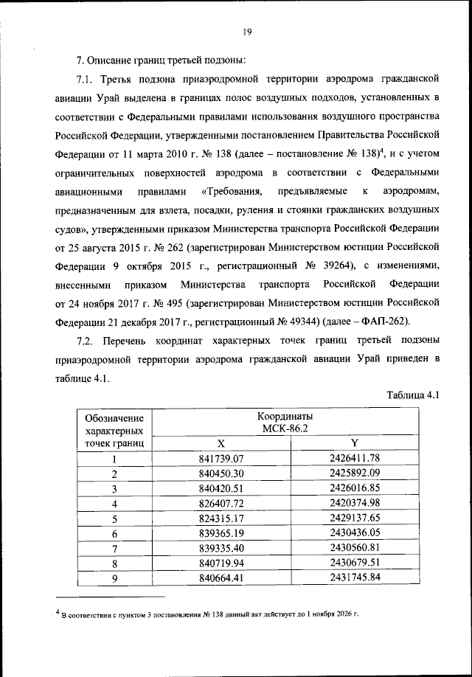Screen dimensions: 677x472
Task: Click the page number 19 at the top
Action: [x=246, y=30]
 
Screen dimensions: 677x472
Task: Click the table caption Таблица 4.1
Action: [x=414, y=395]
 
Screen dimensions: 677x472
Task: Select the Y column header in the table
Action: [x=354, y=443]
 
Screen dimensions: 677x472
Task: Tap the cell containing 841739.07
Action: [x=221, y=459]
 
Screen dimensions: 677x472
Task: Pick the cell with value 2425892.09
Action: [x=354, y=473]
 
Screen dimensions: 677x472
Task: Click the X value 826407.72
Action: [x=221, y=503]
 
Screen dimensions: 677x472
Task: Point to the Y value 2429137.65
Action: [x=354, y=518]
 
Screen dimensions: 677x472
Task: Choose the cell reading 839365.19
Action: [x=221, y=533]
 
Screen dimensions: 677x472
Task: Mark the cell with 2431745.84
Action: [x=354, y=577]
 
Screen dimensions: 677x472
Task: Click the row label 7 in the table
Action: [x=114, y=548]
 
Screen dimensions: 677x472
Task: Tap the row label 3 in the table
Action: [x=114, y=488]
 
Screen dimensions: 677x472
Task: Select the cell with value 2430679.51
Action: [x=354, y=563]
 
